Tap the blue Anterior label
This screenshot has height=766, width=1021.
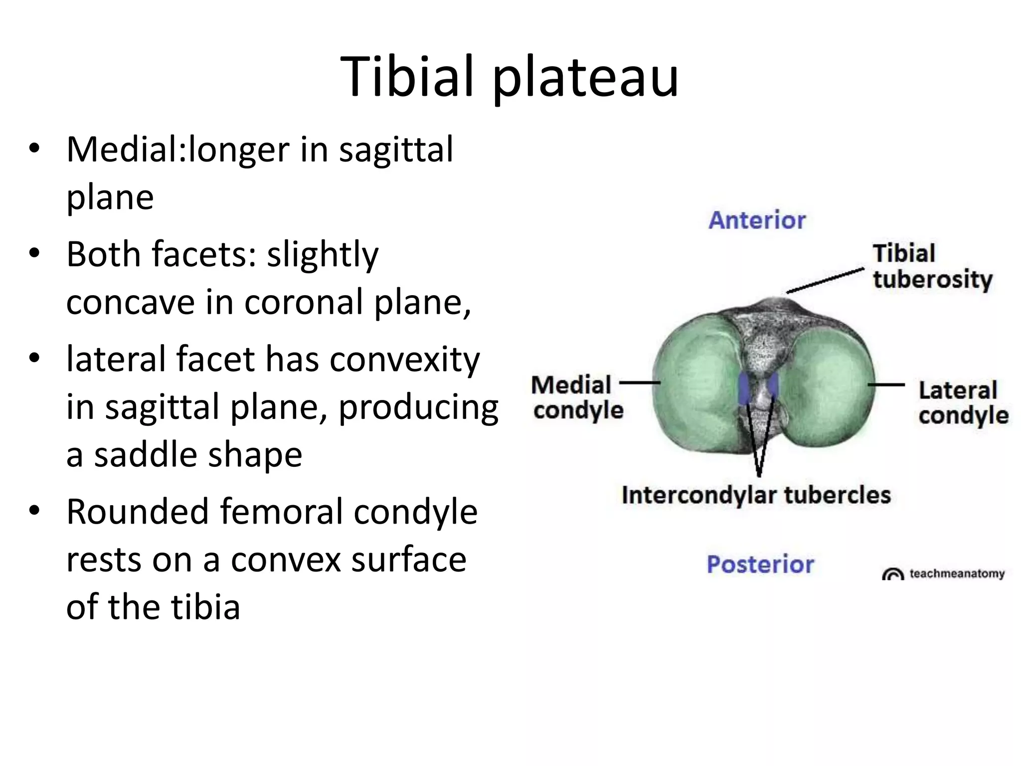click(757, 220)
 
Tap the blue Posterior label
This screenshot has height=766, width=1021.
click(760, 565)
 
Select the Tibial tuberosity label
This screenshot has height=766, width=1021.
click(931, 267)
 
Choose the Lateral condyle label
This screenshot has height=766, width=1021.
click(962, 403)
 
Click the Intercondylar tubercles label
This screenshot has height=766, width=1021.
click(756, 495)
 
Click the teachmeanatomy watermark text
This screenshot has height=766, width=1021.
click(956, 574)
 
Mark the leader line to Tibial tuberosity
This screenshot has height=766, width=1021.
click(825, 281)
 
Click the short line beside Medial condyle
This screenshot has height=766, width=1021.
click(639, 383)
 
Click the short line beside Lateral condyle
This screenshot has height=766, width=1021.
click(886, 384)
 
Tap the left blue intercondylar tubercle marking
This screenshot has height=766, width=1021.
click(744, 388)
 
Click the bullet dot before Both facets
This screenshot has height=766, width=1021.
click(34, 253)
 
